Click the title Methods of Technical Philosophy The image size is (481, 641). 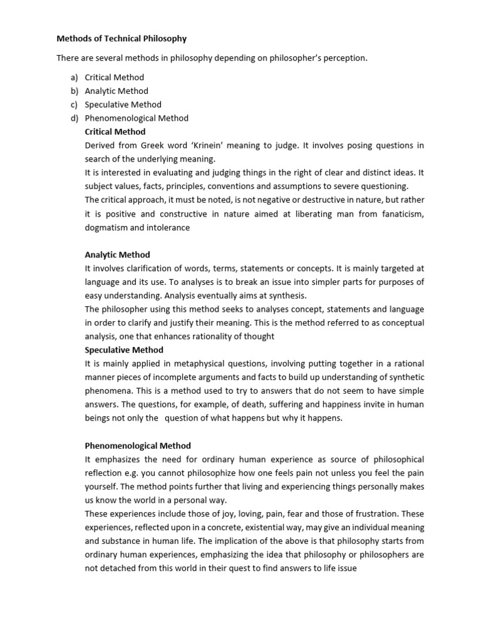[122, 39]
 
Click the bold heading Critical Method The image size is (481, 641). [115, 132]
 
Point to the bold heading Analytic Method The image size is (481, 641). [117, 255]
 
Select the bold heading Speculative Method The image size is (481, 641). [124, 350]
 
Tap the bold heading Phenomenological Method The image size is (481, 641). [138, 446]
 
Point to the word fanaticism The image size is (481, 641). [401, 214]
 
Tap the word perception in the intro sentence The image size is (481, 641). [344, 58]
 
